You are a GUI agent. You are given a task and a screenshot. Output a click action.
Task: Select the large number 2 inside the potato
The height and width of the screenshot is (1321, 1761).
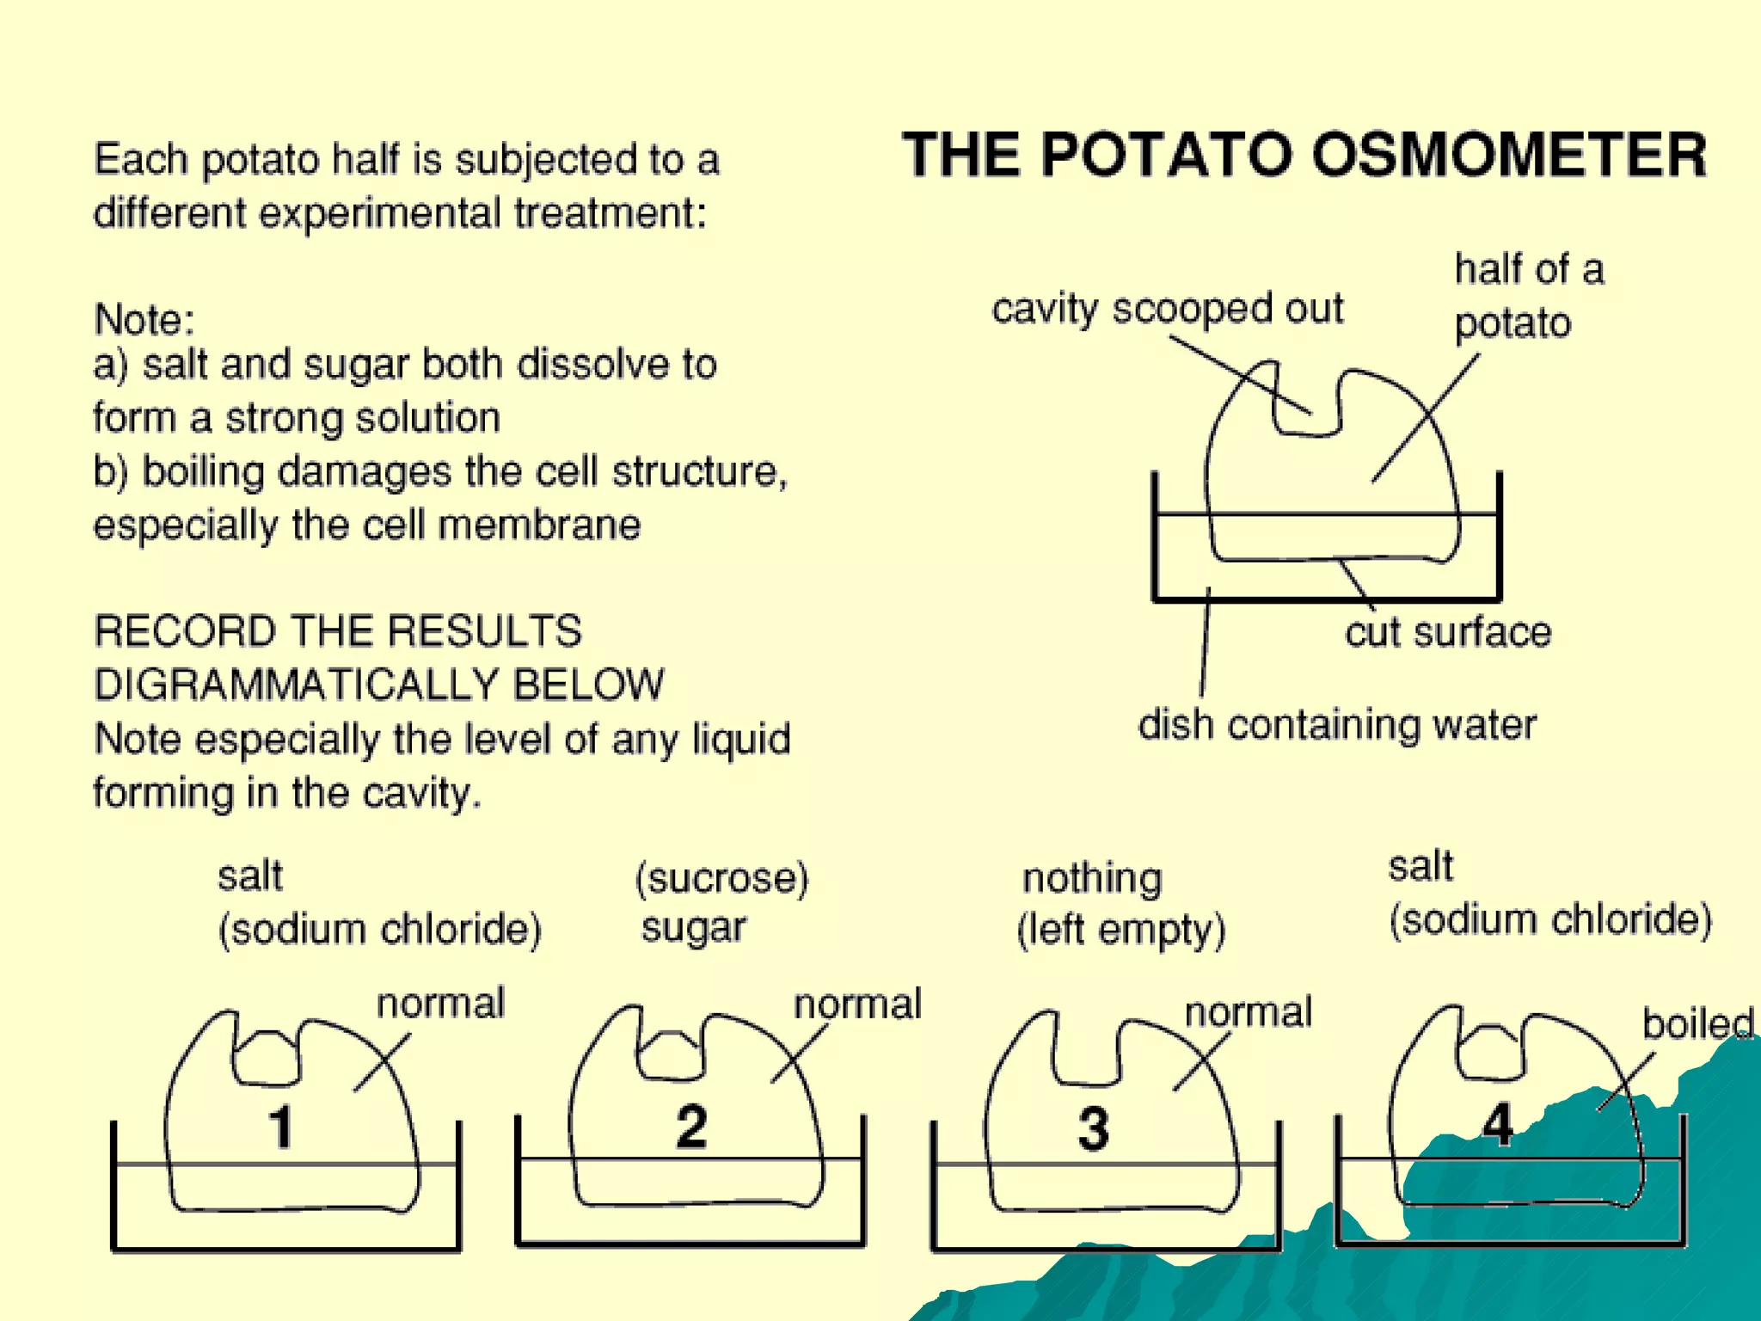(x=691, y=1126)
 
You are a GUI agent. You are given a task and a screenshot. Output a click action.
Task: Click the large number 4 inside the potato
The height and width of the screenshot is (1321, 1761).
(x=1497, y=1125)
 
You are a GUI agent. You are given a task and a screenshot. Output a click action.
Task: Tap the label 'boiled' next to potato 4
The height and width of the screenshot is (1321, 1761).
(x=1697, y=1023)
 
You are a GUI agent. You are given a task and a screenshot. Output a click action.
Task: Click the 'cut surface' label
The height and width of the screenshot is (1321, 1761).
(x=1448, y=632)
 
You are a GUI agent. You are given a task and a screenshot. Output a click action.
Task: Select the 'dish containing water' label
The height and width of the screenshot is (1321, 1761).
(x=1337, y=724)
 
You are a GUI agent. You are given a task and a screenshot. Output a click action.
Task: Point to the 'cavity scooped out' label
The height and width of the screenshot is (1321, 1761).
(x=1167, y=308)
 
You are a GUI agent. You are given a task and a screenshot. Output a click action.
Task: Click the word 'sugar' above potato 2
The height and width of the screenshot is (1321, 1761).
(x=694, y=927)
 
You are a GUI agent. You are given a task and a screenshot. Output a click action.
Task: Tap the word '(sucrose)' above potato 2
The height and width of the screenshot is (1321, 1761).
(x=722, y=878)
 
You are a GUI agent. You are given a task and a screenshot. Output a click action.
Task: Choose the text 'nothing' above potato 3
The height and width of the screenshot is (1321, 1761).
(x=1092, y=878)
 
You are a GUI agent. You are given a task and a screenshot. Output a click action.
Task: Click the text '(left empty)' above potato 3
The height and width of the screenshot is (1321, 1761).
(x=1121, y=930)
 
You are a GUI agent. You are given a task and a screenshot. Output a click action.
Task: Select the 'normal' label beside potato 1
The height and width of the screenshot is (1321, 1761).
(x=440, y=1003)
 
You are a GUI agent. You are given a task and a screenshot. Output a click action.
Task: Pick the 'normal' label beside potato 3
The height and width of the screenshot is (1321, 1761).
(x=1249, y=1011)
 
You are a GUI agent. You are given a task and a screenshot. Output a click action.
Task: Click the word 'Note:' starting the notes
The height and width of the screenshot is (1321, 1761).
(x=144, y=320)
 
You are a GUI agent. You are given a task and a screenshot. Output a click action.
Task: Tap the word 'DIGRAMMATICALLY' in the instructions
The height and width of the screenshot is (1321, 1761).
(x=292, y=685)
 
